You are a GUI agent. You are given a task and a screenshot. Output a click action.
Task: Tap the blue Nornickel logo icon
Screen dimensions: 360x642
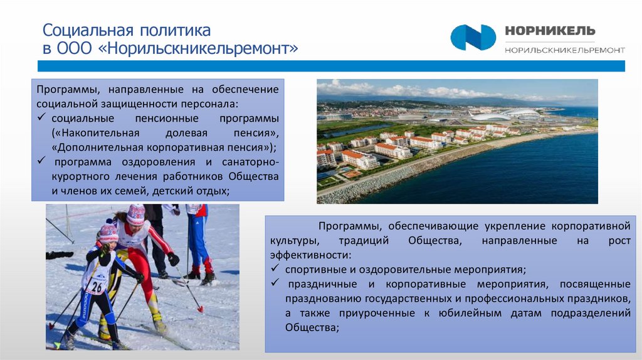[473, 37]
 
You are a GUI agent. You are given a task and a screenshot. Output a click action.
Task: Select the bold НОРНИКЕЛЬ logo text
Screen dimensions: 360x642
[550, 31]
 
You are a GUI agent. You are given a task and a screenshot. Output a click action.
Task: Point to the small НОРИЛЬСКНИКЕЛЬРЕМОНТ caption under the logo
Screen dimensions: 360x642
[564, 50]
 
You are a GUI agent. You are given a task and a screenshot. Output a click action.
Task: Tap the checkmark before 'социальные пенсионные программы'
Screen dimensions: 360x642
[41, 118]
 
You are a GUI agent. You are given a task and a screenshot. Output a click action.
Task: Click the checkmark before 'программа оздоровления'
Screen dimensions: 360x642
[41, 162]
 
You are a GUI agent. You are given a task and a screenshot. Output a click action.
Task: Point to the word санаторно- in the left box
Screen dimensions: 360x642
[249, 162]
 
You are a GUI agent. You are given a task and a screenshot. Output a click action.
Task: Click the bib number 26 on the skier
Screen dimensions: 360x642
[95, 287]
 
